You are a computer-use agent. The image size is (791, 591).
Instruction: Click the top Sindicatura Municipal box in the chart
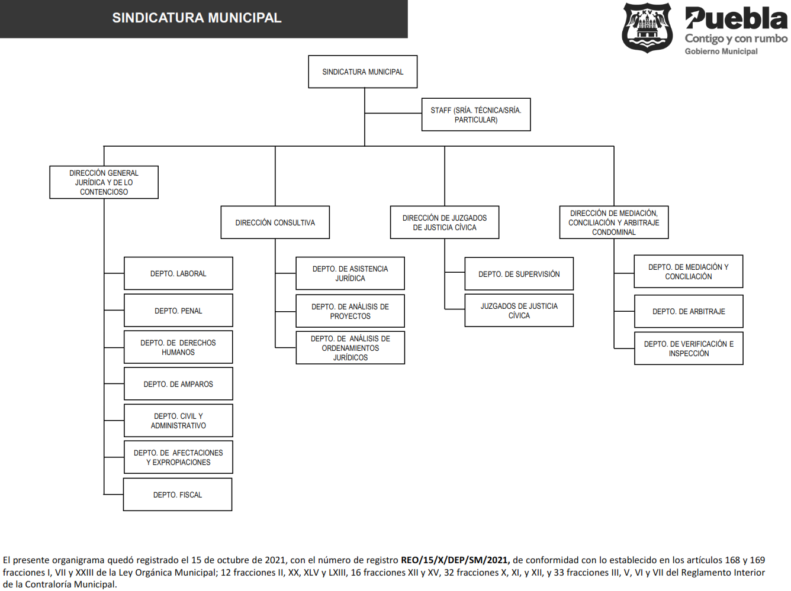(362, 72)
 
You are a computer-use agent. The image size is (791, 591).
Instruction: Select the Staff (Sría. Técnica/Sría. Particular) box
(475, 114)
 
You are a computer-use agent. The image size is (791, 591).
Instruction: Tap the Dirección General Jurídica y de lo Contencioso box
(104, 182)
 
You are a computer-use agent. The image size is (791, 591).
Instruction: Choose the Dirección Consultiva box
(275, 222)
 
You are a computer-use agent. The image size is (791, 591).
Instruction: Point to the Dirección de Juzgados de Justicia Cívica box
(444, 222)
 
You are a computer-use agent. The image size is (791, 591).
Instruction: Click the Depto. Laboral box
(178, 273)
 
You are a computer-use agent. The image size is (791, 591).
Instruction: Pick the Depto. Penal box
(178, 310)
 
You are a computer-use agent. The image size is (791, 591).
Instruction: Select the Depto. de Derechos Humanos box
(178, 347)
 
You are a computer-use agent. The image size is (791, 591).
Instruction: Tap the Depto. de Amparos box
(178, 384)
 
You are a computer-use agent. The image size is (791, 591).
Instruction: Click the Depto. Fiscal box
(178, 495)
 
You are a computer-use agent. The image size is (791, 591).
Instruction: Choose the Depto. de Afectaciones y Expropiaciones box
(178, 457)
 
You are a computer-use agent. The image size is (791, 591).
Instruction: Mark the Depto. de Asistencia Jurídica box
(350, 273)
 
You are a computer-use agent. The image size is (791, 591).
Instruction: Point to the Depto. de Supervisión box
(519, 273)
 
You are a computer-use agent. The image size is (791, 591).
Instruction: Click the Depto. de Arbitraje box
(689, 311)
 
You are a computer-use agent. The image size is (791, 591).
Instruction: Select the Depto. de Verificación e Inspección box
(689, 348)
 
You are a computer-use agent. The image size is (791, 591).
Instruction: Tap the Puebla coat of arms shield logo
(647, 28)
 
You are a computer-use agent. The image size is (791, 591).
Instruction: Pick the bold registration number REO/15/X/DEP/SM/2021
(455, 560)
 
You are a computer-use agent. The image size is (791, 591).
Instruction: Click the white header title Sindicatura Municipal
(197, 18)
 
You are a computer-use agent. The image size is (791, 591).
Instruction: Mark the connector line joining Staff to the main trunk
(393, 114)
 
